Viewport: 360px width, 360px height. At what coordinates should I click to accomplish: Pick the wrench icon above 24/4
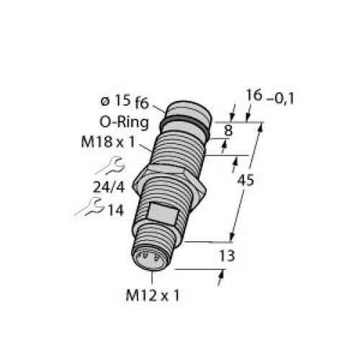[x=106, y=168]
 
